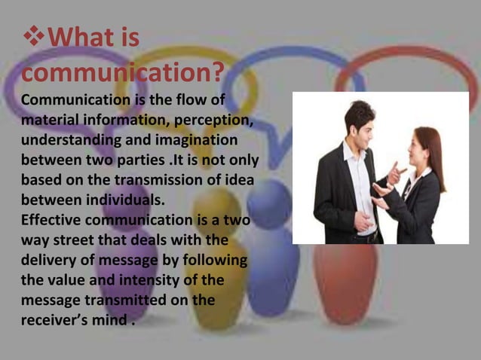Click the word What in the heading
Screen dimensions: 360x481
(x=78, y=38)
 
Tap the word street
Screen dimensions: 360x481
(x=79, y=240)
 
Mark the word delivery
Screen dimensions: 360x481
(x=49, y=261)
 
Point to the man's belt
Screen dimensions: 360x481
(x=364, y=234)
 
